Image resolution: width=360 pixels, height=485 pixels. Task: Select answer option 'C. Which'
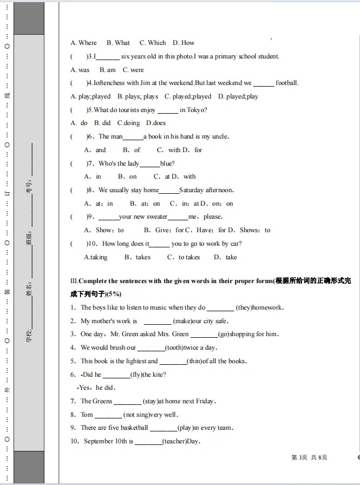[153, 43]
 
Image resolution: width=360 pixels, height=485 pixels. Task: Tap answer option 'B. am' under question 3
[108, 70]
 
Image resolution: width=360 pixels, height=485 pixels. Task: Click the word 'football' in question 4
[286, 83]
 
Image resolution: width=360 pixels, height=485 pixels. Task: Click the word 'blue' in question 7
[166, 163]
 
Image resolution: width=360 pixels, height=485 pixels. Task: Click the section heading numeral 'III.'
[74, 281]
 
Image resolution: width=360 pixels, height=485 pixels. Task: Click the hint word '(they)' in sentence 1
[244, 307]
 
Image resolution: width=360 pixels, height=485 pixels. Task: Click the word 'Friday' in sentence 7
[205, 401]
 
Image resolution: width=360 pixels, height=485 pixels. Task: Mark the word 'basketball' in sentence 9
[132, 428]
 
